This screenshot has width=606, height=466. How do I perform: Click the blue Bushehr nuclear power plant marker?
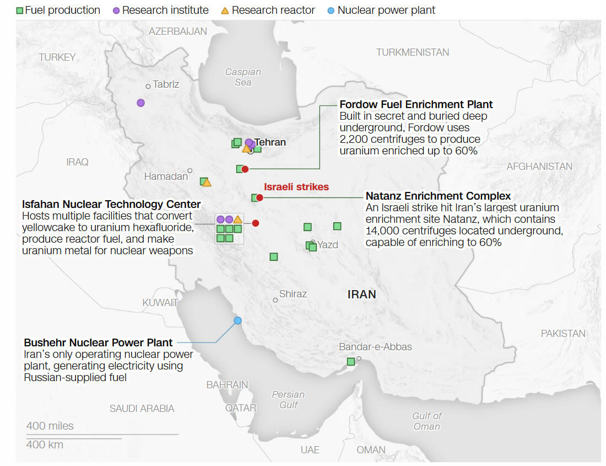(238, 320)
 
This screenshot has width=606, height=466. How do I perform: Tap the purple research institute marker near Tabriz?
(141, 103)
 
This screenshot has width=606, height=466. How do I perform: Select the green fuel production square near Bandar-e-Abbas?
(350, 362)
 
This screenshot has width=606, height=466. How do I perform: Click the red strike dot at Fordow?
(246, 169)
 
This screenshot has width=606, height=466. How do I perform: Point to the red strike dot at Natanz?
(260, 197)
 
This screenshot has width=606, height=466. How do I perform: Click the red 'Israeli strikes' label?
(296, 187)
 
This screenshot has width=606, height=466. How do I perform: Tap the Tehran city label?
(270, 142)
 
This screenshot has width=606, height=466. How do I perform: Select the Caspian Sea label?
(243, 77)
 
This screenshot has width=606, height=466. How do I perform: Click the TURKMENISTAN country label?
(413, 52)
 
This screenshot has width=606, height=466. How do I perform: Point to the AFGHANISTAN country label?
(539, 166)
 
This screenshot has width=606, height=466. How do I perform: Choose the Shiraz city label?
(293, 294)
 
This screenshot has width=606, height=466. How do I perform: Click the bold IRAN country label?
(362, 294)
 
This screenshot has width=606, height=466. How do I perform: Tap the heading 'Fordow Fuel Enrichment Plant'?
(416, 104)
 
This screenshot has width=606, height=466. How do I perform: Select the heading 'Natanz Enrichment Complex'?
(438, 196)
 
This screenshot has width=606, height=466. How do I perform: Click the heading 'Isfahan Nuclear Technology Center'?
(111, 205)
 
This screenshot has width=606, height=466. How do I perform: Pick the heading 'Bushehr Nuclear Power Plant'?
(98, 342)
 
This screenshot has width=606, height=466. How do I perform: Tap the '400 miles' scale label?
(50, 426)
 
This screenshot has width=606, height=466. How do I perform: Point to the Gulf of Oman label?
(427, 421)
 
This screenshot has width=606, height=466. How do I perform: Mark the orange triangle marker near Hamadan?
(207, 183)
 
